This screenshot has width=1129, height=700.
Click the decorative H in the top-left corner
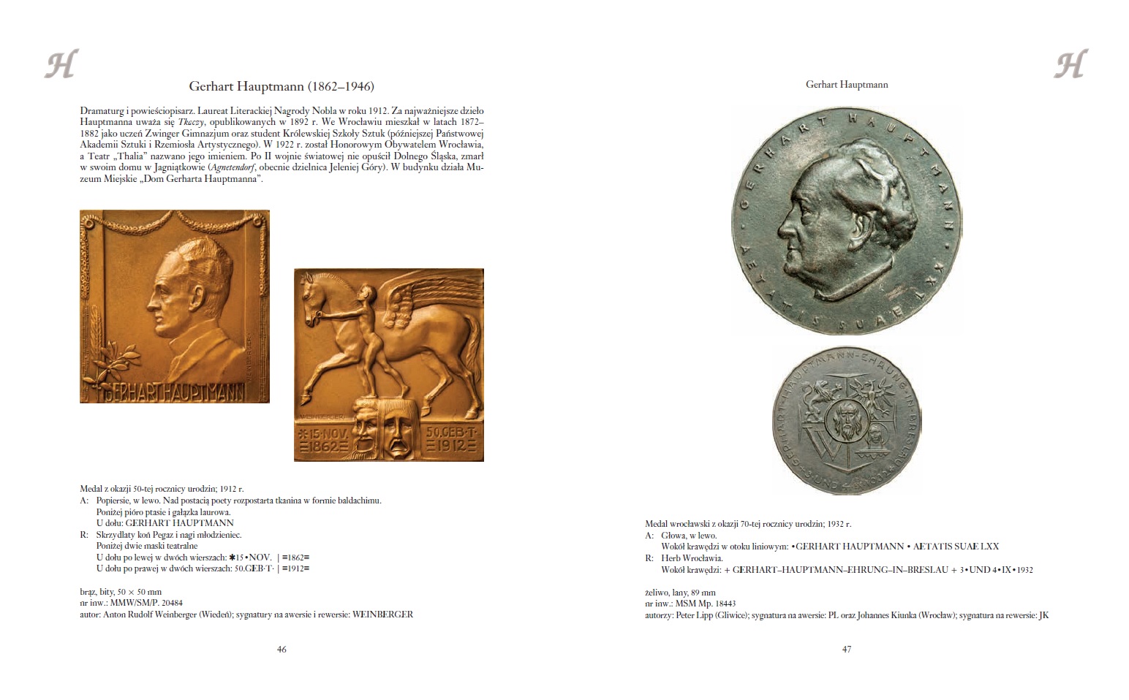pos(61,64)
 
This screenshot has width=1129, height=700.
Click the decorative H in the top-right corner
pos(1070,64)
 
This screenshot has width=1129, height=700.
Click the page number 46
pos(282,649)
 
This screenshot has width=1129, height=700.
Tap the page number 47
pos(847,649)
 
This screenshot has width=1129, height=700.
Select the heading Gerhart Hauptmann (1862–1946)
pos(282,86)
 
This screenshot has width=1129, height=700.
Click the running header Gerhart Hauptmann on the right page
pos(847,85)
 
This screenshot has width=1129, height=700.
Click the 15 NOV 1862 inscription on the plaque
pos(321,438)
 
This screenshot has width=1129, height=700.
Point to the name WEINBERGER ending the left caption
pos(382,615)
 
